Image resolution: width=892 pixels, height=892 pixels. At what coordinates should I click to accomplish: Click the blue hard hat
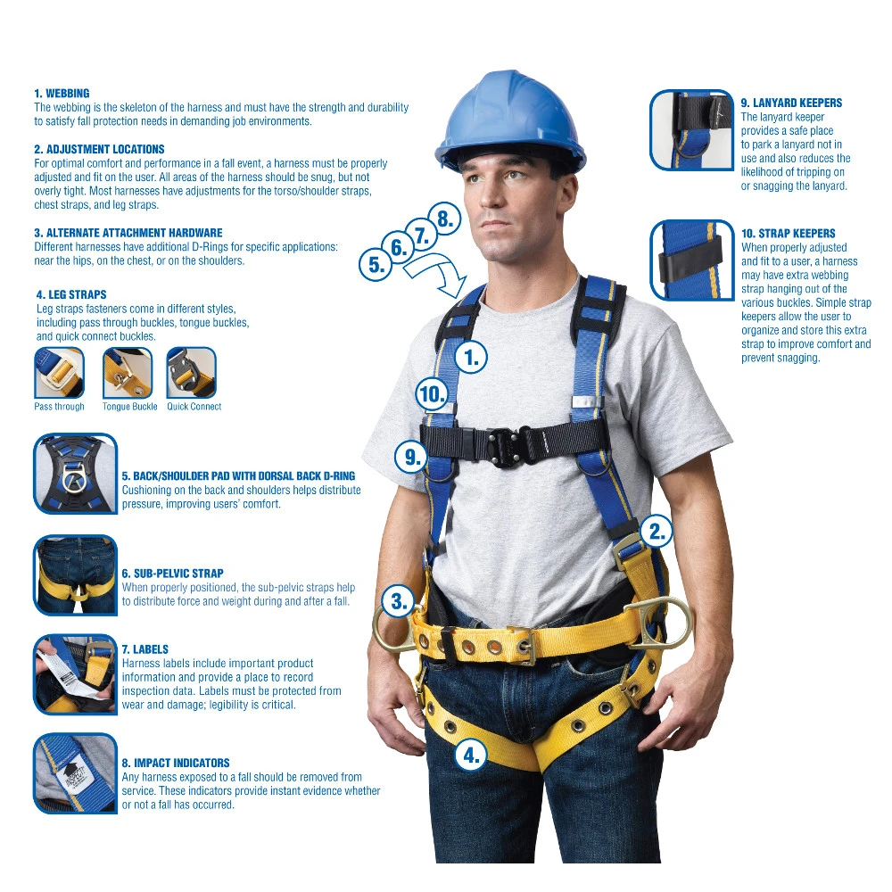click(x=509, y=120)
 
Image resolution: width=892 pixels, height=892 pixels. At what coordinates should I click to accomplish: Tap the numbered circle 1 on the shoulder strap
click(x=471, y=358)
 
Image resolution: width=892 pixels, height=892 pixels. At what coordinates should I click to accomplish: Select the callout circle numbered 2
click(x=657, y=532)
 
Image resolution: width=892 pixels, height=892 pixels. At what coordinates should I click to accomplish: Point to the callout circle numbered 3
click(x=398, y=601)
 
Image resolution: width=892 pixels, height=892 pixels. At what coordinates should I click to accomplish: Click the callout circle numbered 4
click(x=471, y=756)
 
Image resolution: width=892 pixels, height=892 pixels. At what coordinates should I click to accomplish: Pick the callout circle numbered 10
click(x=432, y=393)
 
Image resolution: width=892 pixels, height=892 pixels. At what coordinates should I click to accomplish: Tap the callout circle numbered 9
click(x=412, y=456)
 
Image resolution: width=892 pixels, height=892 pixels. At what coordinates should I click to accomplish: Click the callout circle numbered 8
click(x=444, y=219)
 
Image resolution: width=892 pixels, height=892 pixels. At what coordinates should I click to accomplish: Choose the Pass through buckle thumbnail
click(x=59, y=373)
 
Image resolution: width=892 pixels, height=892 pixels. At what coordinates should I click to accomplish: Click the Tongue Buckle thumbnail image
click(x=128, y=373)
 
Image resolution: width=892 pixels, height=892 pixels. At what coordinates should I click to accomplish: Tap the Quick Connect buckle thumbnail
click(x=192, y=373)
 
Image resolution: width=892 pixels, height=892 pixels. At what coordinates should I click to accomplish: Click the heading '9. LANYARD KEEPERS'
click(x=791, y=103)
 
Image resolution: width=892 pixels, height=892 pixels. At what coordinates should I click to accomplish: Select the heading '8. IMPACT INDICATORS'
click(x=176, y=763)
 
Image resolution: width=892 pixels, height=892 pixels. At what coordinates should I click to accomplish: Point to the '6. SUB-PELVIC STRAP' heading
click(x=172, y=574)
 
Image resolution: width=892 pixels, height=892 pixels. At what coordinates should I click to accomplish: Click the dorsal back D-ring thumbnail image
click(x=76, y=474)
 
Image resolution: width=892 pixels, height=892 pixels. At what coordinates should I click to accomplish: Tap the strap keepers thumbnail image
click(x=692, y=260)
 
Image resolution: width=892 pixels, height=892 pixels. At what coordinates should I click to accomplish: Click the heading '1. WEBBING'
click(x=62, y=94)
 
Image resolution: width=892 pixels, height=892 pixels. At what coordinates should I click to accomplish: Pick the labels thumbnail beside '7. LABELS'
click(x=76, y=674)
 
